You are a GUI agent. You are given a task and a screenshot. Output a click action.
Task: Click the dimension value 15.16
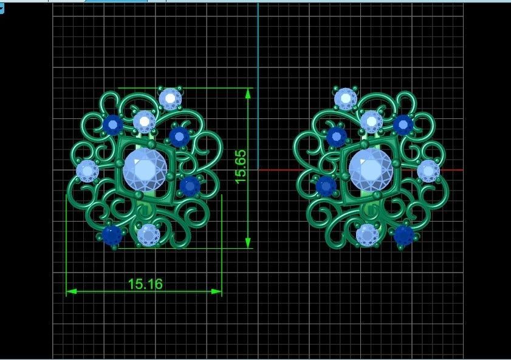click(145, 284)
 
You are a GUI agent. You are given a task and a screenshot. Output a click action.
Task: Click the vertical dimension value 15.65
click(241, 167)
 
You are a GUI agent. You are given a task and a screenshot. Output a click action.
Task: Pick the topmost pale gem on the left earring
click(170, 98)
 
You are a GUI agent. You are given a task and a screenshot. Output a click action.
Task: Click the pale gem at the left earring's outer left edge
click(87, 171)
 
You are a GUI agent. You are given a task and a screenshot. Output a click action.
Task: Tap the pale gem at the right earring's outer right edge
click(428, 171)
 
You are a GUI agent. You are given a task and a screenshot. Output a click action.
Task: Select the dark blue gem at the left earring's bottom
click(111, 235)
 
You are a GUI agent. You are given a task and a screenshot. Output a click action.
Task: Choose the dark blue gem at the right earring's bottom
click(403, 235)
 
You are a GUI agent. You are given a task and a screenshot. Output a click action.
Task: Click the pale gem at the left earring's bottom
click(148, 234)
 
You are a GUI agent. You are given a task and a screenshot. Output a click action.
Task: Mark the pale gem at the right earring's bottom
click(367, 234)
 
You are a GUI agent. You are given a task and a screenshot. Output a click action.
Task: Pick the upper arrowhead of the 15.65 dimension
click(248, 93)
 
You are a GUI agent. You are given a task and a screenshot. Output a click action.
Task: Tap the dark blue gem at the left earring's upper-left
click(112, 125)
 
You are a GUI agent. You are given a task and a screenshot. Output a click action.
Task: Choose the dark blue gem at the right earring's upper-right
click(403, 124)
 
